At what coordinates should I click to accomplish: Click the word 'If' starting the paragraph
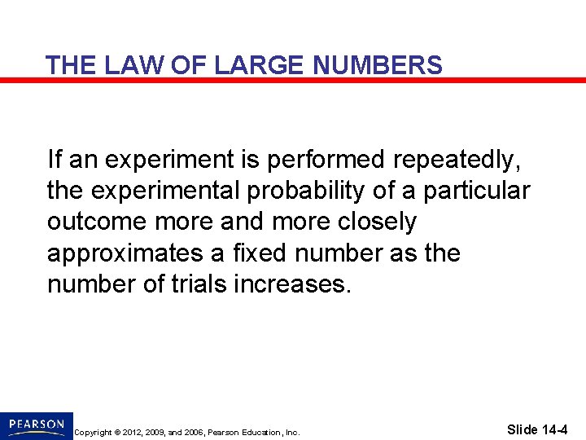54,159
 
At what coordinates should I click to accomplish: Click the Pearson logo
37,425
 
